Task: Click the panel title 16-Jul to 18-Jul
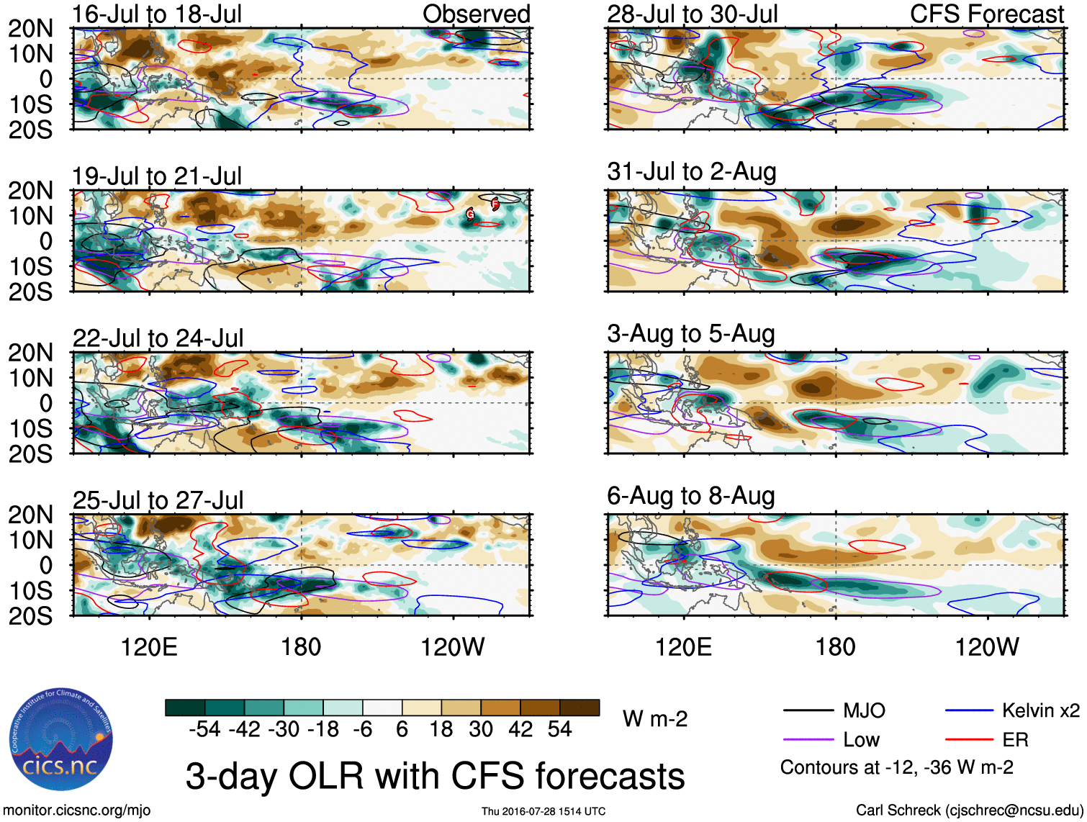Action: tap(157, 14)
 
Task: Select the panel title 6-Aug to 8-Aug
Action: tap(691, 496)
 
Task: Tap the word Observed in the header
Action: tap(477, 14)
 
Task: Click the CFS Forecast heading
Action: tap(987, 14)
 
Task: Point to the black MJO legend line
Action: tap(808, 711)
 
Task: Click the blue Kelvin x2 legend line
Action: tap(969, 711)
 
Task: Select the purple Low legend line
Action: tap(808, 740)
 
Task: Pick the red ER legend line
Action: tap(969, 740)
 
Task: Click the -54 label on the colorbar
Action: tap(204, 730)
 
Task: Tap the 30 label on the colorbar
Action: tap(481, 730)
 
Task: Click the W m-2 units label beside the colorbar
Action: tap(655, 719)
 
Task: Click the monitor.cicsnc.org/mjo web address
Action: tap(77, 810)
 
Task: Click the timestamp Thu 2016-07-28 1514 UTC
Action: tap(543, 811)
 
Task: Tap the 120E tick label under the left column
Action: tap(149, 647)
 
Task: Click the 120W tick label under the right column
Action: tap(987, 647)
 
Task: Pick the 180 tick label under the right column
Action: tap(835, 647)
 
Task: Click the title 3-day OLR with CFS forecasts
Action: tap(435, 777)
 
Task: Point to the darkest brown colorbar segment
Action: tap(579, 708)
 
